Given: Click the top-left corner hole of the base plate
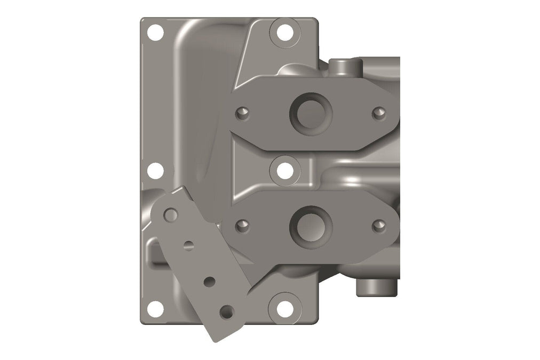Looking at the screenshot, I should [155, 33].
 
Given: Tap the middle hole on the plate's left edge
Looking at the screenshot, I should [155, 171].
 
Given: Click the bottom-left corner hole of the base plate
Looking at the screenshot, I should [155, 308].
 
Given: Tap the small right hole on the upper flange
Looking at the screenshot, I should [379, 113].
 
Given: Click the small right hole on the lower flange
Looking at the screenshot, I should [379, 225].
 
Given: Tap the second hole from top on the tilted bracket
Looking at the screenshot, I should [188, 246].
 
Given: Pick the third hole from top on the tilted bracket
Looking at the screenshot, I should [210, 281].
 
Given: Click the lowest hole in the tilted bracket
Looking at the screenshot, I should [228, 311].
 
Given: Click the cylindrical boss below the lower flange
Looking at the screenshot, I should [376, 286].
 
